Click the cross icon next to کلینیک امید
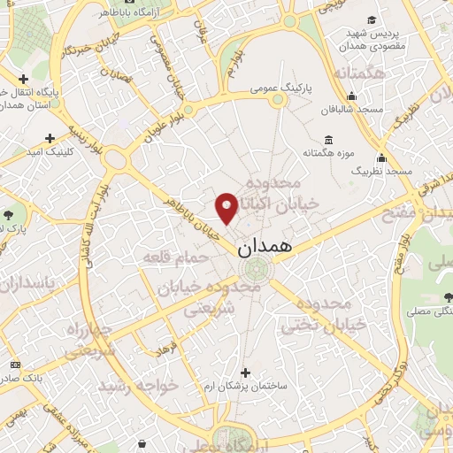tap(50, 138)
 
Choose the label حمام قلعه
tap(177, 257)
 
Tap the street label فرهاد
tap(165, 346)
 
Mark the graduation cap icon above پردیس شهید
tap(374, 19)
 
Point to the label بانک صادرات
tap(40, 364)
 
